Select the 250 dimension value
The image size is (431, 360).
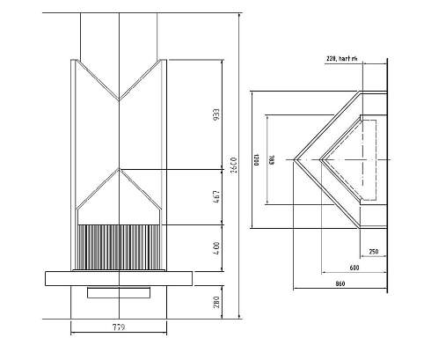(x=374, y=253)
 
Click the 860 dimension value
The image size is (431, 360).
(x=340, y=283)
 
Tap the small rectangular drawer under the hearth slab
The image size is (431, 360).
(x=119, y=292)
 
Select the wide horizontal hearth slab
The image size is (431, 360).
(x=119, y=277)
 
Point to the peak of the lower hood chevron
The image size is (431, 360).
(x=119, y=169)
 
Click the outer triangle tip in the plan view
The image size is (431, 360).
(x=294, y=160)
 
